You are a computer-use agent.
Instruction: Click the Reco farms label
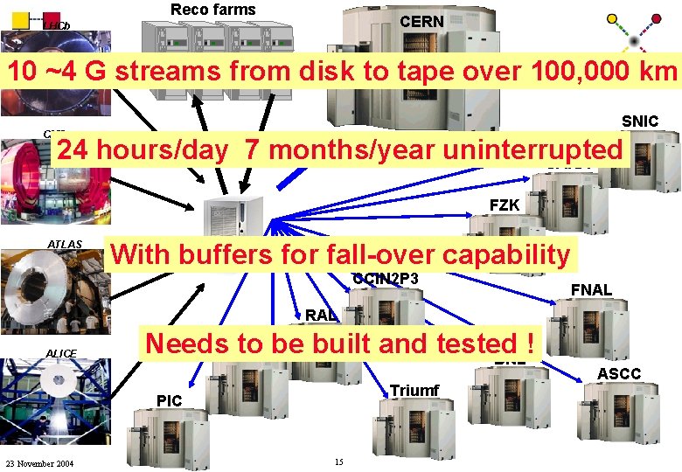click(x=212, y=10)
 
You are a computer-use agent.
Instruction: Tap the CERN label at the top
click(x=421, y=21)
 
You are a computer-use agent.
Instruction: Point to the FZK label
click(x=505, y=205)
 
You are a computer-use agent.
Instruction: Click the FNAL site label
click(x=591, y=289)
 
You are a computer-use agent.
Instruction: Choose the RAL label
click(x=321, y=315)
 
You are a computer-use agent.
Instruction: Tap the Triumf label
click(x=414, y=390)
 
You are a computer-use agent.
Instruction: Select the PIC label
click(x=170, y=400)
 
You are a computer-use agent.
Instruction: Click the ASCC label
click(x=618, y=374)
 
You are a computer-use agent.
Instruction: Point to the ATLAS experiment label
click(x=65, y=244)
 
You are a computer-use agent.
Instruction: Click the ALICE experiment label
click(x=61, y=353)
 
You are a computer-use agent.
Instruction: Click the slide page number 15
click(x=338, y=462)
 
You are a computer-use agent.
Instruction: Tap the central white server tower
click(x=231, y=231)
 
